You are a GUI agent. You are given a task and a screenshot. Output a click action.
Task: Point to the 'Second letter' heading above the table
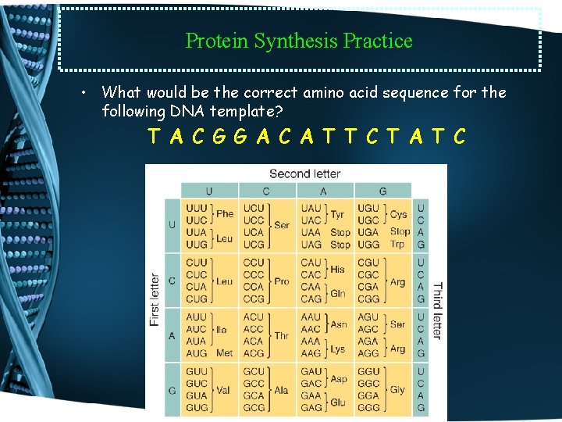tap(305, 173)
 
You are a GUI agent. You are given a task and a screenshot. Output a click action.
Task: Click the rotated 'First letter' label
tap(155, 299)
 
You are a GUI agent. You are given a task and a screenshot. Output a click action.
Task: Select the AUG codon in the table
tap(196, 353)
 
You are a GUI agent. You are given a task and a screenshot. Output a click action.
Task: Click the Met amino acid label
tap(225, 353)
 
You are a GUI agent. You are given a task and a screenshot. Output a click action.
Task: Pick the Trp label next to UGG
tap(397, 245)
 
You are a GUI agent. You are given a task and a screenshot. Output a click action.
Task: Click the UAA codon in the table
tap(311, 232)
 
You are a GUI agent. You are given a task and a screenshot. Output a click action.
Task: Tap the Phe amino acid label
tap(225, 214)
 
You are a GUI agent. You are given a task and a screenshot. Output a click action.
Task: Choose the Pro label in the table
tap(282, 281)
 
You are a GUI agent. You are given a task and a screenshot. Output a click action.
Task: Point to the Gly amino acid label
tap(397, 389)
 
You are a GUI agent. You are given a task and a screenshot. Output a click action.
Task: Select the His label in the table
tap(338, 269)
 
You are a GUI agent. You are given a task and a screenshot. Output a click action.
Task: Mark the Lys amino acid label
tap(338, 349)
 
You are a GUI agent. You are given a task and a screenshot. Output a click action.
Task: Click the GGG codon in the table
tap(368, 408)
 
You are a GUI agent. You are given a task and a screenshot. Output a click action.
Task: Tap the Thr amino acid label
tap(282, 335)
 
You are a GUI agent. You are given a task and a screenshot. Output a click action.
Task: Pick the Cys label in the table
tap(398, 214)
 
